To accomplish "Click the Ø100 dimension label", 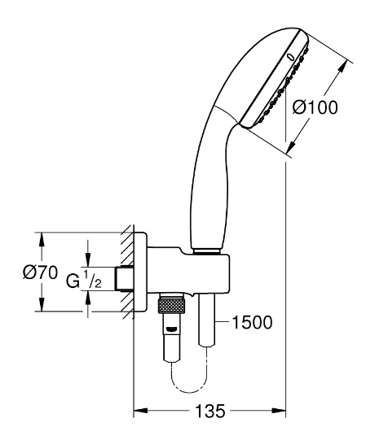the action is pyautogui.click(x=315, y=107).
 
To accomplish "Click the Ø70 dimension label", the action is pyautogui.click(x=40, y=272).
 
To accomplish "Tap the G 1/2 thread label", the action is pyautogui.click(x=84, y=279).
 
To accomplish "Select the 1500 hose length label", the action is pyautogui.click(x=252, y=322).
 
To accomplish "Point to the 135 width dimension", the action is pyautogui.click(x=209, y=411).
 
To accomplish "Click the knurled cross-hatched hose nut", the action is pyautogui.click(x=172, y=306).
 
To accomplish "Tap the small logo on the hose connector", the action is pyautogui.click(x=171, y=329).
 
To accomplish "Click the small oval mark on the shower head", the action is pyautogui.click(x=291, y=57).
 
